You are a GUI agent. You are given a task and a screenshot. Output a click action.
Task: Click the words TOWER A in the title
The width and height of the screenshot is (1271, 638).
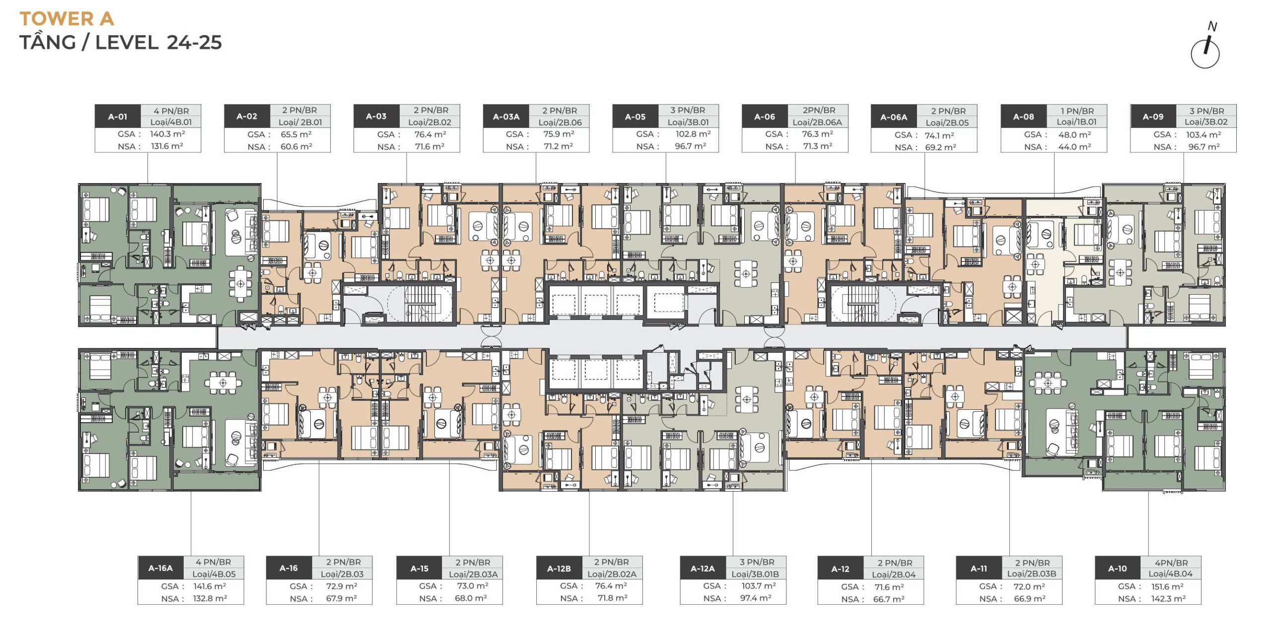(67, 19)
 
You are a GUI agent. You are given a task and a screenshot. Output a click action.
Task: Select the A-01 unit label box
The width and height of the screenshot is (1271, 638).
(118, 117)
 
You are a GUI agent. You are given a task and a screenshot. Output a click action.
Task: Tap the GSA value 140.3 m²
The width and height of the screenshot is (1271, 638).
(167, 134)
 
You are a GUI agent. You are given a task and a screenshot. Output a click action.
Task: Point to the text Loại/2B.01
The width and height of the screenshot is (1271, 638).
(300, 122)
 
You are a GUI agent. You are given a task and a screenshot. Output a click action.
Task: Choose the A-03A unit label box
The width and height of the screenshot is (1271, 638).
(506, 117)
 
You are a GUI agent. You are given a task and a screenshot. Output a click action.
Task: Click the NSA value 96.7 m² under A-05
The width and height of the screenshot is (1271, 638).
(690, 146)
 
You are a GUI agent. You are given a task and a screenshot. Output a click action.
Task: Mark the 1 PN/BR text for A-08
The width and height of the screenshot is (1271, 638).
(1077, 111)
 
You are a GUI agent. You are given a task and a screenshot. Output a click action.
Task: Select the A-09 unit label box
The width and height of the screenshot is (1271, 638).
(1153, 117)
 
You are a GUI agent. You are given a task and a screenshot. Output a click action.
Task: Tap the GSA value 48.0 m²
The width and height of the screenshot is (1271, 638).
(1074, 134)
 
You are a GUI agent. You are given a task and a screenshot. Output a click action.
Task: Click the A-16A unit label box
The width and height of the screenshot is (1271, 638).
(160, 568)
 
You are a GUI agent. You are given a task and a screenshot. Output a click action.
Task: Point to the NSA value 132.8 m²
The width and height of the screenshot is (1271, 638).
(210, 598)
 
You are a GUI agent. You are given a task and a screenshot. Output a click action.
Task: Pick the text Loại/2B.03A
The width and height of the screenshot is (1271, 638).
(474, 574)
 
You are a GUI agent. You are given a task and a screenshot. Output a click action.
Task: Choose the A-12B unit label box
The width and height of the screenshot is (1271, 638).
(559, 569)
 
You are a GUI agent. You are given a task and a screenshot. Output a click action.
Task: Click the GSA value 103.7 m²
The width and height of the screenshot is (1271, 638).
(759, 586)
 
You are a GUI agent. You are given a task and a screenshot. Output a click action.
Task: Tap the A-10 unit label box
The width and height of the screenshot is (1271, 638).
(1118, 569)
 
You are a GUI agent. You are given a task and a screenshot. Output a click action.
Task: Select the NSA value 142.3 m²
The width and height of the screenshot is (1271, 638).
(1168, 599)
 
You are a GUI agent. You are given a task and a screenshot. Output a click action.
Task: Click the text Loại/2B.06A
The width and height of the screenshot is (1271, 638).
(817, 122)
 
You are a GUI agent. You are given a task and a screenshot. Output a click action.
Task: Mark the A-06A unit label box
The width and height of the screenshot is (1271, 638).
(894, 117)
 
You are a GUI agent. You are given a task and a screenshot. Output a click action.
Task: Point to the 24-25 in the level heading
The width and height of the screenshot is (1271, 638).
(195, 43)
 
